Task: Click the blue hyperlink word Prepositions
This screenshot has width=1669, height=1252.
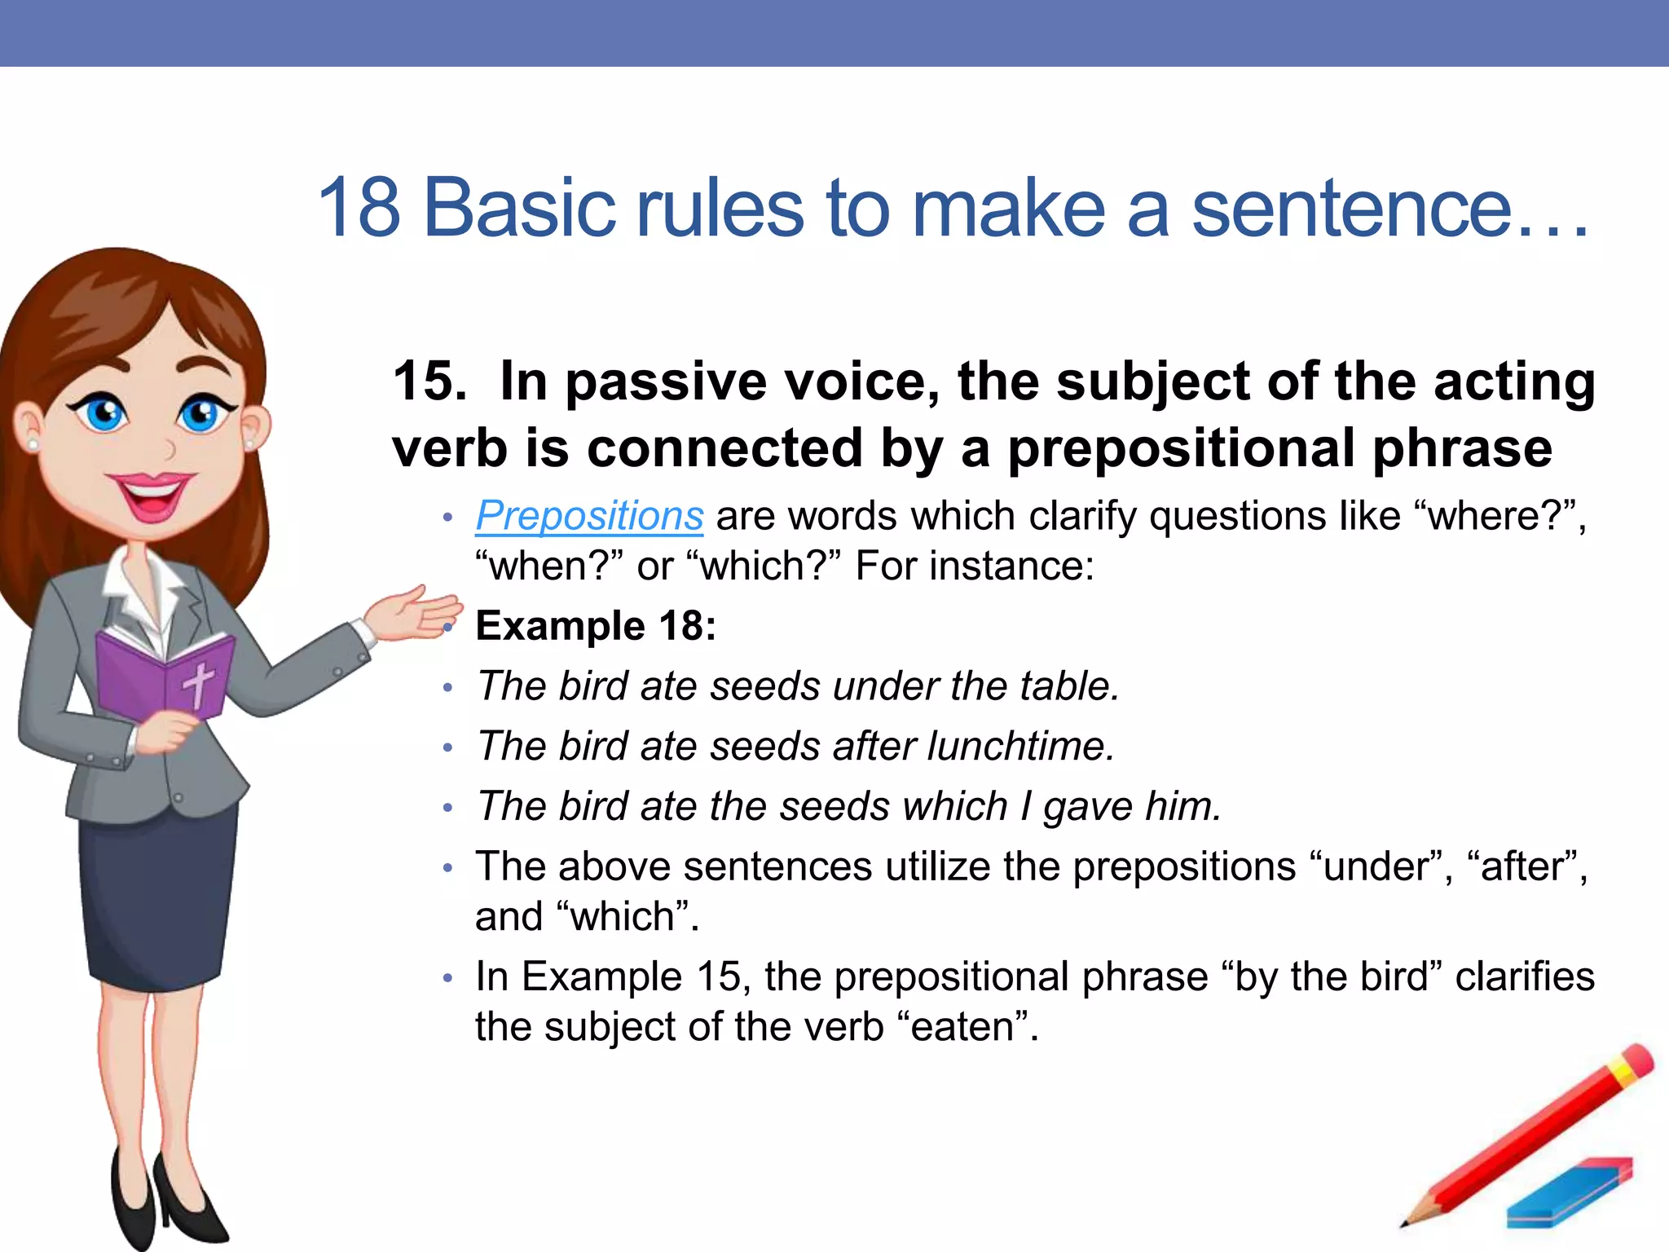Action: point(589,516)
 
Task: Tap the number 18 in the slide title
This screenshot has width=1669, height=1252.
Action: point(359,209)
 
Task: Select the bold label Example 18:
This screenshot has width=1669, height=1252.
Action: point(596,626)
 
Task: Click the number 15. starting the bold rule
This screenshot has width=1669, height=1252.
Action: point(429,381)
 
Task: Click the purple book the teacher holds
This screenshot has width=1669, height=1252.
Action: point(163,677)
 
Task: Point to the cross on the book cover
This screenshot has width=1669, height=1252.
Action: point(198,684)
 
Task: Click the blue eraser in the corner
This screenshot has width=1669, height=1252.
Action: point(1569,1194)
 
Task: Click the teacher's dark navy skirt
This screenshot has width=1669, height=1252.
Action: point(159,897)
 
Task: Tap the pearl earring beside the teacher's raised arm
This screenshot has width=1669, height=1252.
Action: point(249,445)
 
